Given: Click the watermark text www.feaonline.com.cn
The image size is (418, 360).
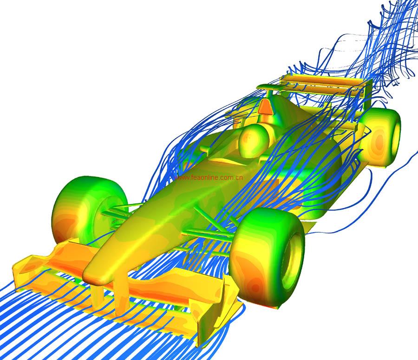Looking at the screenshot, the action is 209,177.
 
